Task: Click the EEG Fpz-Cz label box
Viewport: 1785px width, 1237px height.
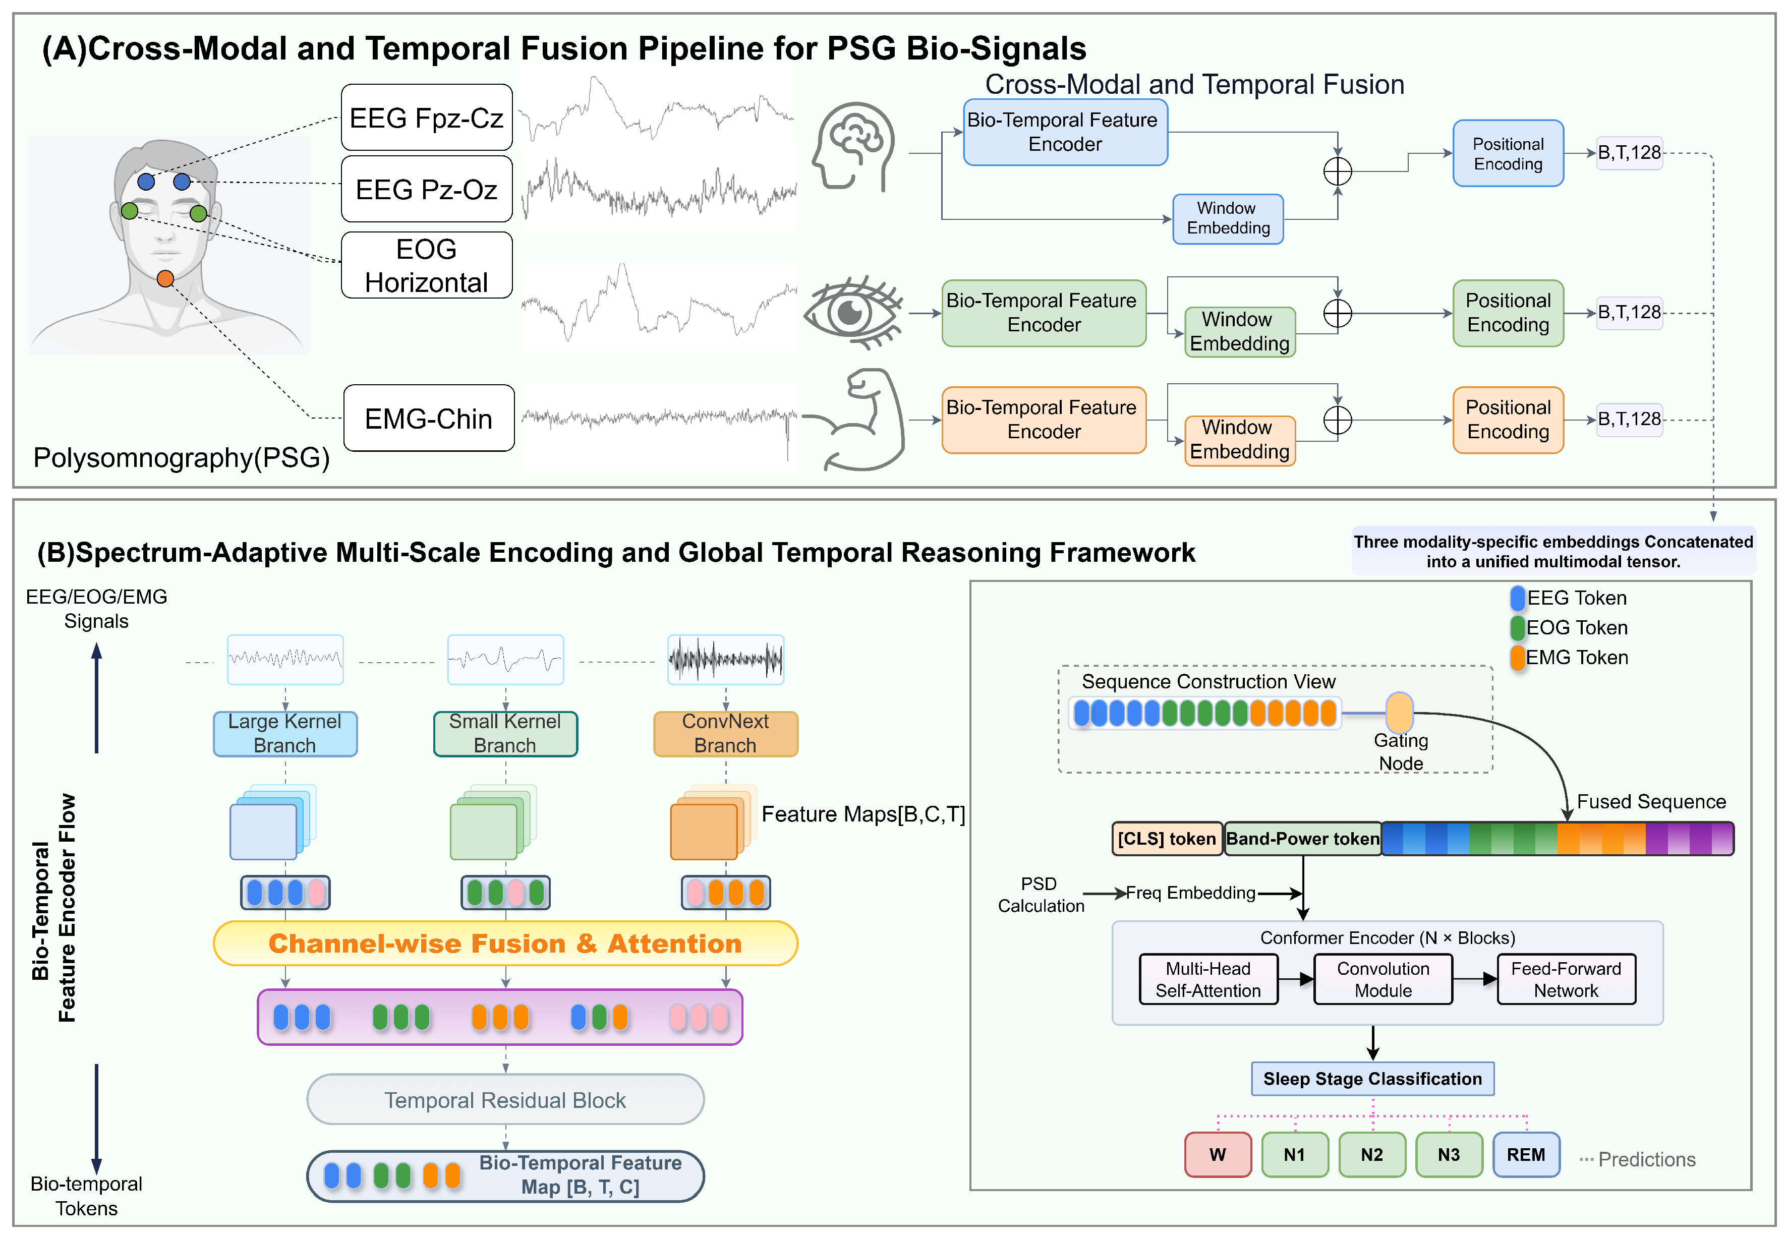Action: (x=426, y=118)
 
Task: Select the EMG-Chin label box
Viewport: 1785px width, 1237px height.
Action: (x=429, y=419)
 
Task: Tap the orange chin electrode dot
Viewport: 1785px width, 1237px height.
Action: (x=165, y=279)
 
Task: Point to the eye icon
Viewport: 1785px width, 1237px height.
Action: (x=852, y=312)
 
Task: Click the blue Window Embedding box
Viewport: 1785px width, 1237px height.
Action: (x=1228, y=218)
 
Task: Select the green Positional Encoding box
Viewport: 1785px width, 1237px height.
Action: (x=1508, y=312)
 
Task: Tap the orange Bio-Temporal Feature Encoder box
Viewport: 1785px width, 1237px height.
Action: (x=1043, y=419)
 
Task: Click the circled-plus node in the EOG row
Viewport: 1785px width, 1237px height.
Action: (x=1337, y=313)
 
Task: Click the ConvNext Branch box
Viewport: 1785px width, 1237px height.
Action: (x=725, y=733)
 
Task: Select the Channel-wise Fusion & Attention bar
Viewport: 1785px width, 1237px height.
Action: (x=505, y=943)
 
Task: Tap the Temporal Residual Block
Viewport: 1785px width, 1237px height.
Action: (x=505, y=1100)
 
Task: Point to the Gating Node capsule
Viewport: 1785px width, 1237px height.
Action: (x=1399, y=712)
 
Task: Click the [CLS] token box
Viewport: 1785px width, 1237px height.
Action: (x=1167, y=839)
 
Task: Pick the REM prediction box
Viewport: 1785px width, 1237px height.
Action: (x=1525, y=1155)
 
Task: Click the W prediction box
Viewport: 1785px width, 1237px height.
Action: (x=1218, y=1155)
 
